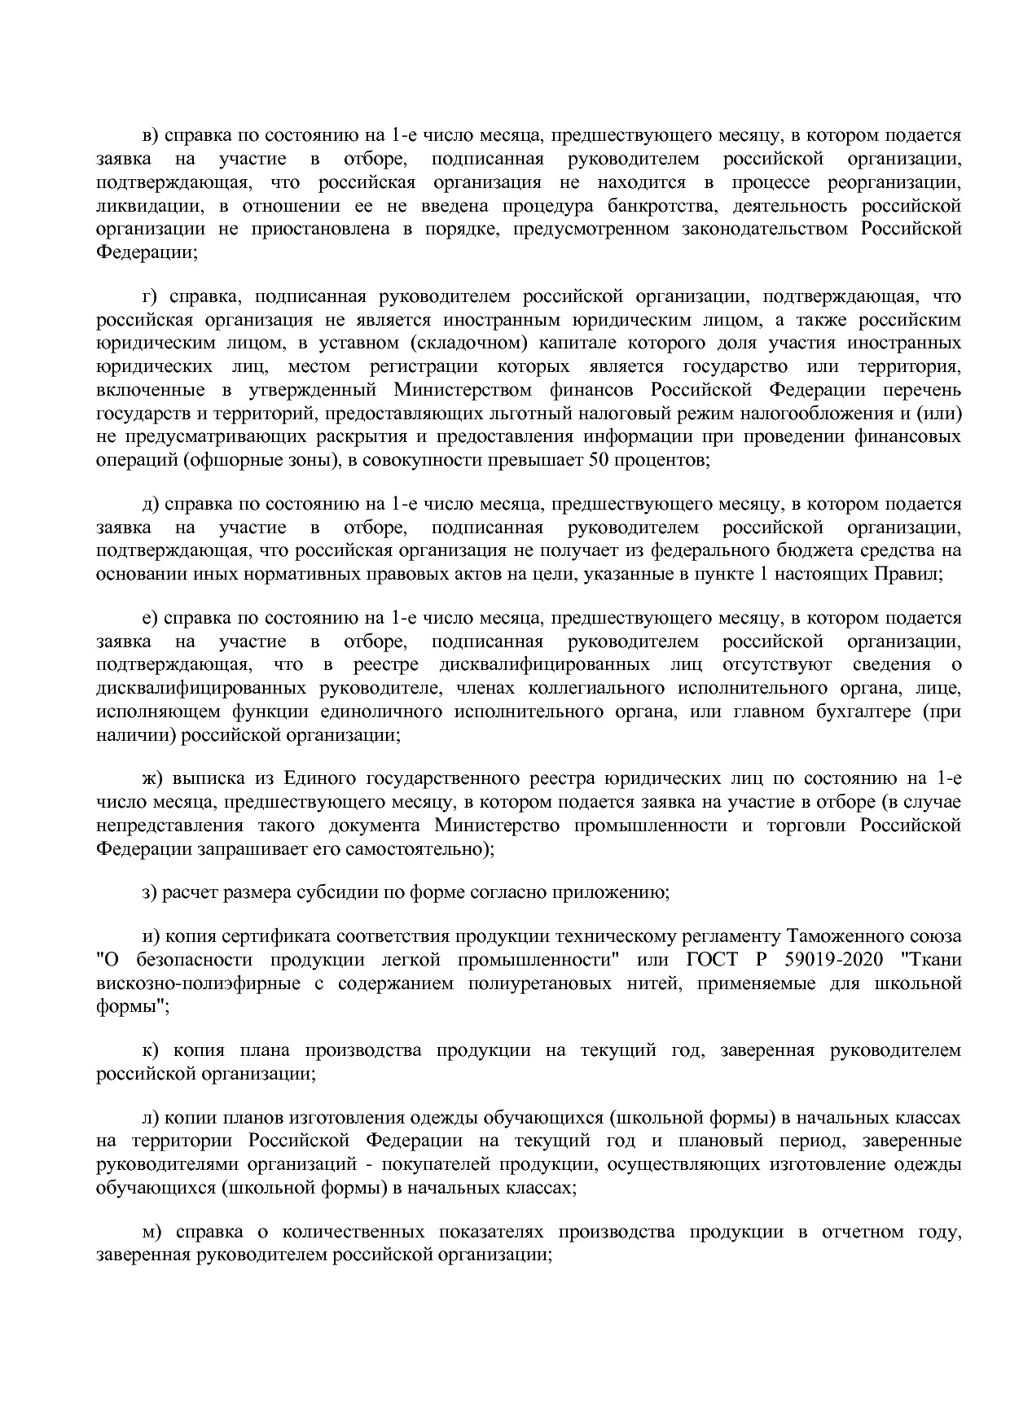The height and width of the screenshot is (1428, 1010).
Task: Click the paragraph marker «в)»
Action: [x=151, y=135]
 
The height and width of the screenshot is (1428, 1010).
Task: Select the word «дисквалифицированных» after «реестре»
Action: [x=544, y=664]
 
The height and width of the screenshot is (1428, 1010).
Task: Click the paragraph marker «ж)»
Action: [x=152, y=778]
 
